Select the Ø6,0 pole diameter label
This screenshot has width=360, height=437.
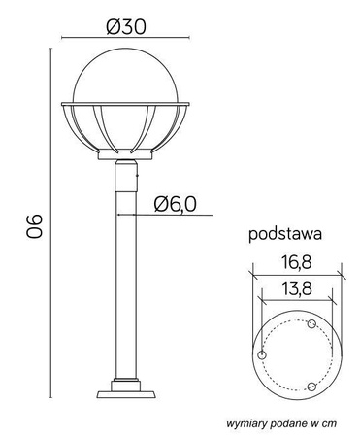[x=177, y=203]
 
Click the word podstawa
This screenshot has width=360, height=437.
[x=285, y=234]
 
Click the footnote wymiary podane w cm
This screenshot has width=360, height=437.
[x=281, y=424]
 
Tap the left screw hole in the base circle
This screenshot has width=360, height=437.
[x=262, y=356]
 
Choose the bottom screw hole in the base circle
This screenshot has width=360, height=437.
[x=311, y=386]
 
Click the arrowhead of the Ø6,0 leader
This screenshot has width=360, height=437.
[x=120, y=215]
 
